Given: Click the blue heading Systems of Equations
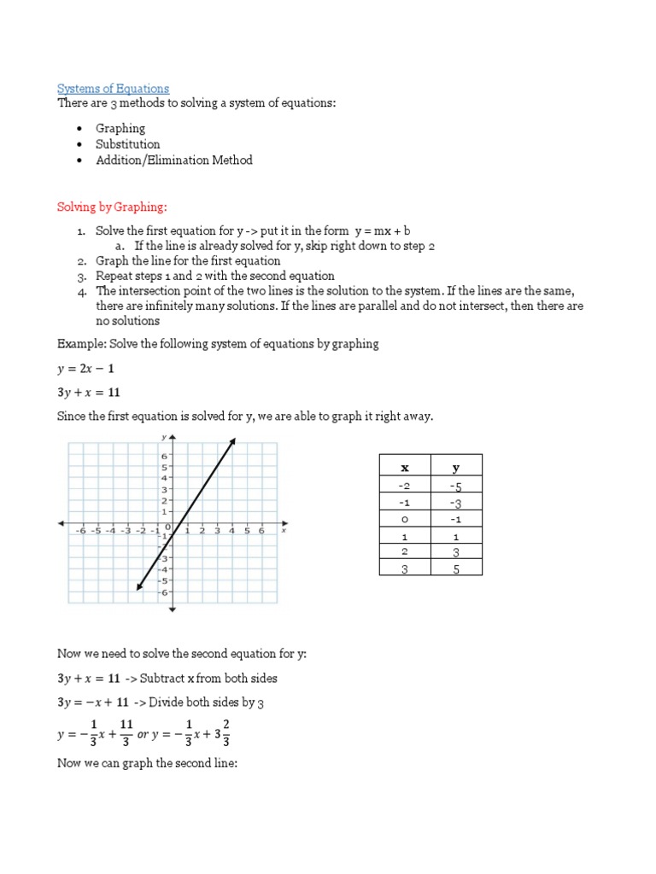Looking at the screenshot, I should pyautogui.click(x=113, y=89).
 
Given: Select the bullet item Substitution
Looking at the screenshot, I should pyautogui.click(x=127, y=144).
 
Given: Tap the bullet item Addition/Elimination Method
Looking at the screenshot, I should pyautogui.click(x=173, y=160).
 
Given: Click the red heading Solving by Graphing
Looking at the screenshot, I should pyautogui.click(x=113, y=207).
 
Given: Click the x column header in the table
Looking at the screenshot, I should pyautogui.click(x=405, y=468).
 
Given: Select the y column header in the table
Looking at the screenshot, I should pyautogui.click(x=456, y=468).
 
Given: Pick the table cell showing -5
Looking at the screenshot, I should pyautogui.click(x=456, y=487).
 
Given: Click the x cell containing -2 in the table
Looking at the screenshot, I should pyautogui.click(x=405, y=487).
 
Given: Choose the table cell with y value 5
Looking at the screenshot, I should pyautogui.click(x=456, y=568).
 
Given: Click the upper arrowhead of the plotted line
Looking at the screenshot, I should pyautogui.click(x=232, y=440).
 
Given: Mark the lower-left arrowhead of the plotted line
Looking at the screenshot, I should pyautogui.click(x=139, y=586).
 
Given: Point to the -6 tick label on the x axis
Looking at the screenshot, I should pyautogui.click(x=81, y=531).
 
